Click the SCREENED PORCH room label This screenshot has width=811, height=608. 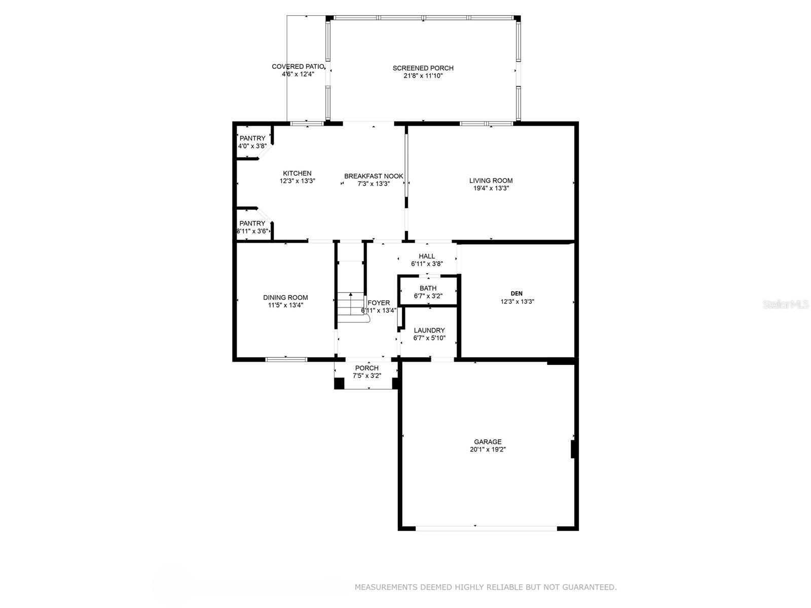(x=423, y=68)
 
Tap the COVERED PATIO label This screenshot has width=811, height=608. (x=298, y=66)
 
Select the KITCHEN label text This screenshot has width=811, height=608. (x=297, y=173)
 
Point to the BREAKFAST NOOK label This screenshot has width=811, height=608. (x=374, y=176)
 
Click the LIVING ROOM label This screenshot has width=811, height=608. (x=491, y=180)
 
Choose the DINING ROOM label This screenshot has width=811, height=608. (x=285, y=297)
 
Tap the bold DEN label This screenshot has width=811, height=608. (x=517, y=293)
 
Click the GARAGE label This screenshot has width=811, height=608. (x=488, y=441)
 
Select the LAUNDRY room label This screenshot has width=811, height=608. (x=429, y=330)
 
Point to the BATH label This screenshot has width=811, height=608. (x=428, y=288)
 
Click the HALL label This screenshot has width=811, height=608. (x=427, y=256)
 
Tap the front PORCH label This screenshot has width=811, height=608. (x=366, y=368)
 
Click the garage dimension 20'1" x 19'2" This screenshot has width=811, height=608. (x=488, y=449)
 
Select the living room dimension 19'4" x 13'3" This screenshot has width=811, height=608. (x=491, y=188)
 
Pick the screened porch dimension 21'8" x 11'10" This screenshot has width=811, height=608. (x=423, y=75)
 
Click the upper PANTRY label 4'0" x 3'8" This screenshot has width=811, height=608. (x=252, y=142)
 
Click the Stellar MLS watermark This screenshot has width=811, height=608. (x=786, y=304)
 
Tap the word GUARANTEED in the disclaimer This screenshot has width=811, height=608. (x=589, y=587)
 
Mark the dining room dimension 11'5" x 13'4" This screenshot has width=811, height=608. (x=285, y=305)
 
